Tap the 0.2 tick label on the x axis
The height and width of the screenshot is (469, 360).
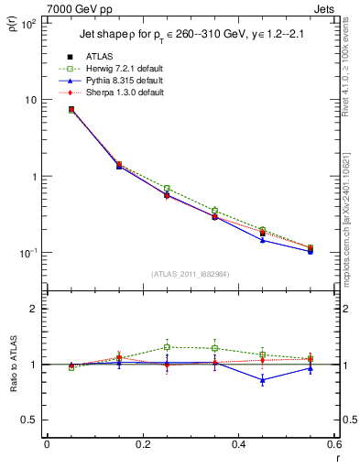click(x=142, y=445)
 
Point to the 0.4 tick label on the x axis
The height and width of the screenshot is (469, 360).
click(x=238, y=445)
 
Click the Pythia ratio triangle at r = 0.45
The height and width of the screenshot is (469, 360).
click(x=262, y=379)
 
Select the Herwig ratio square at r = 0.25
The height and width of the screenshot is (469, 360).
click(x=166, y=347)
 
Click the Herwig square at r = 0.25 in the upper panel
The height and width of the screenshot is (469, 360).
click(x=166, y=189)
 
